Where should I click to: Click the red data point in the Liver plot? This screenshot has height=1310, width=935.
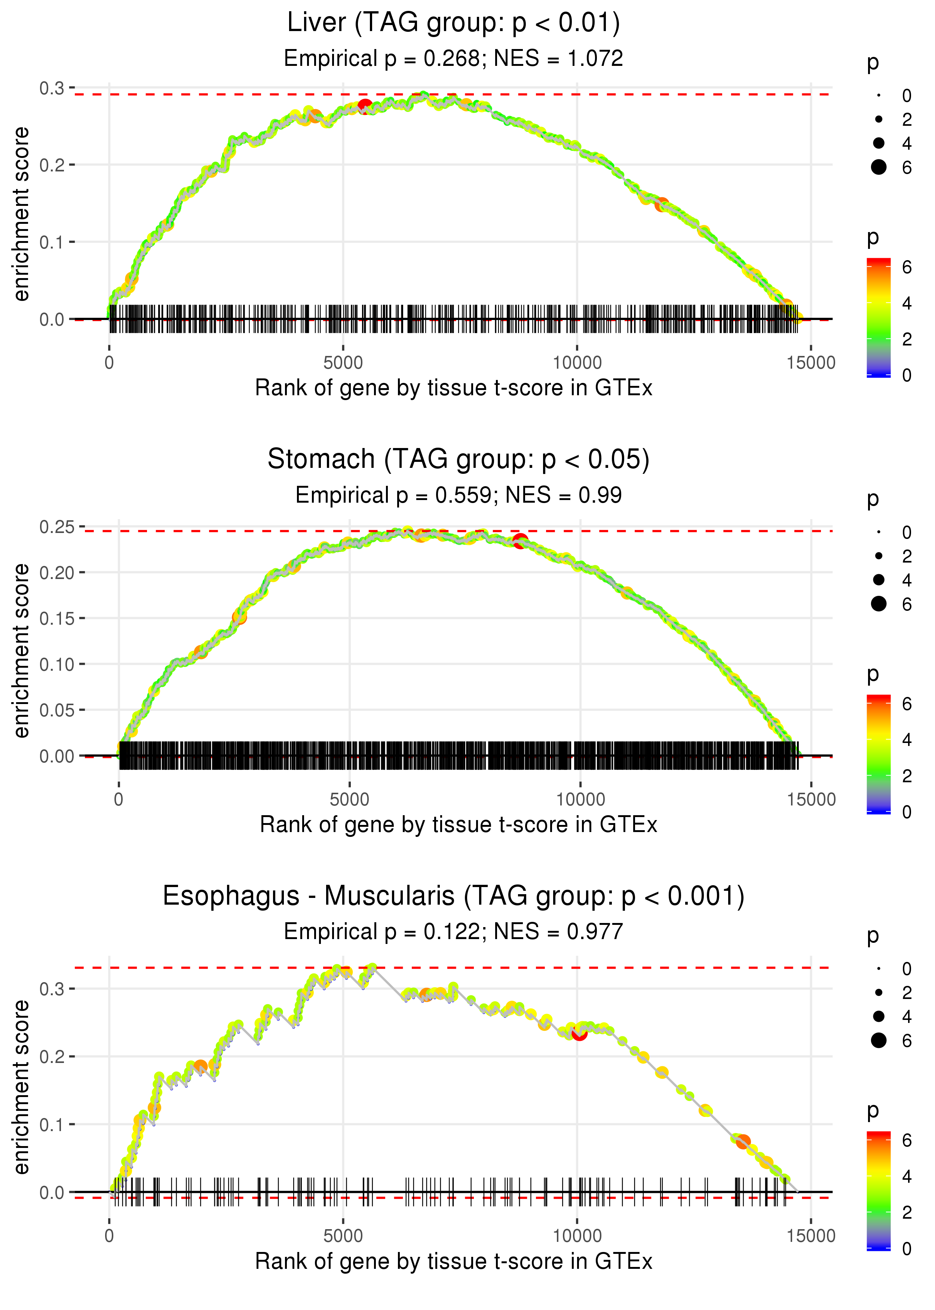click(x=365, y=106)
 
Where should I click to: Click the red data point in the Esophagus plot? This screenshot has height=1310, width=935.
click(x=579, y=1033)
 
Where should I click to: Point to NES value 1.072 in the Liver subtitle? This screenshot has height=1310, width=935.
click(x=595, y=59)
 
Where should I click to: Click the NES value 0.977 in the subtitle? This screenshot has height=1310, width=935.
click(x=595, y=932)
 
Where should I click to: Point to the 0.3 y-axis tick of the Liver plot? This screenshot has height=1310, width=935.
click(x=52, y=88)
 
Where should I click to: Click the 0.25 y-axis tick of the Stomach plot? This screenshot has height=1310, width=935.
click(x=57, y=527)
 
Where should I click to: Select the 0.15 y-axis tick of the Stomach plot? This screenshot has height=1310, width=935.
click(x=57, y=618)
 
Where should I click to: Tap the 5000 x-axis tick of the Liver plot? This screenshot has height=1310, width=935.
click(x=343, y=363)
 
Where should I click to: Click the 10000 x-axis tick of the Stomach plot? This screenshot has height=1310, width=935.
click(x=580, y=799)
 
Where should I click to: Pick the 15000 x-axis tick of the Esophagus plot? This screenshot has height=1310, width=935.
click(x=810, y=1236)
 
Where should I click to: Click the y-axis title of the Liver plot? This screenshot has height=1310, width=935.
click(x=21, y=214)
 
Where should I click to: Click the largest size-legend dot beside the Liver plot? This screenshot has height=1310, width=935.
click(x=879, y=167)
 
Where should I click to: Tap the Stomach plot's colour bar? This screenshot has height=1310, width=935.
click(x=879, y=754)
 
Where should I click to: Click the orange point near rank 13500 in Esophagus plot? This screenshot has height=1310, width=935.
click(x=743, y=1141)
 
